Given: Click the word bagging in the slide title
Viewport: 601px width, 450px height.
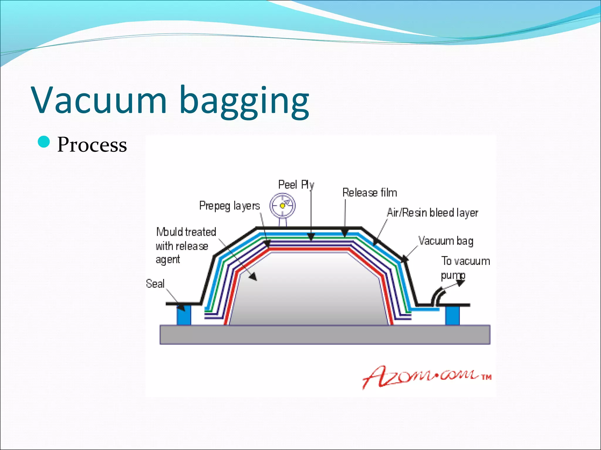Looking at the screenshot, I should coord(244,101).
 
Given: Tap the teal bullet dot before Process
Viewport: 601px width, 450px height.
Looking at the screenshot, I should coord(44,142).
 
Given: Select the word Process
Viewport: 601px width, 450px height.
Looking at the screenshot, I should coord(92,145).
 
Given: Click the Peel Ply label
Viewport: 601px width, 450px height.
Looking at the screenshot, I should coord(296,185).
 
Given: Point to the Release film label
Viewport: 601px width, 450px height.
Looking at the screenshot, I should coord(369,193).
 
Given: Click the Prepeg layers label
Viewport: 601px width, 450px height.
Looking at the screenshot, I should coord(229,206).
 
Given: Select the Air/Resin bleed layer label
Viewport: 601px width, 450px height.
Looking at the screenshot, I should coord(432,213).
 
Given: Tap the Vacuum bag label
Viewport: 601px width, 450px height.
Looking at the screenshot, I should coord(446,241).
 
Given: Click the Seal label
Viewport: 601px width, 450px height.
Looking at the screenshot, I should coord(155,284).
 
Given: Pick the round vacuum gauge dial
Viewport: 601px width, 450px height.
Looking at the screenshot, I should coord(282,205).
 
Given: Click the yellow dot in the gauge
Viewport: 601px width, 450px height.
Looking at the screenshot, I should coord(282,206).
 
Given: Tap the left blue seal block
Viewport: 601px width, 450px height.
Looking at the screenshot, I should coord(184,315).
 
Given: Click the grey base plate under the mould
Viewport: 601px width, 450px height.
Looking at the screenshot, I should coord(325,335).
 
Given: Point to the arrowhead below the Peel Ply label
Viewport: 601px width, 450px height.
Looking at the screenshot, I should coord(311,237).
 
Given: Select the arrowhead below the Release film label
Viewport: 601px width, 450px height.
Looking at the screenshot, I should coord(345,233).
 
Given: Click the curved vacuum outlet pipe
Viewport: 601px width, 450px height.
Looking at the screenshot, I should coord(437,296).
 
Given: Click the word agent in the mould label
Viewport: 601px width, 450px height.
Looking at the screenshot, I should coord(168,260).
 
